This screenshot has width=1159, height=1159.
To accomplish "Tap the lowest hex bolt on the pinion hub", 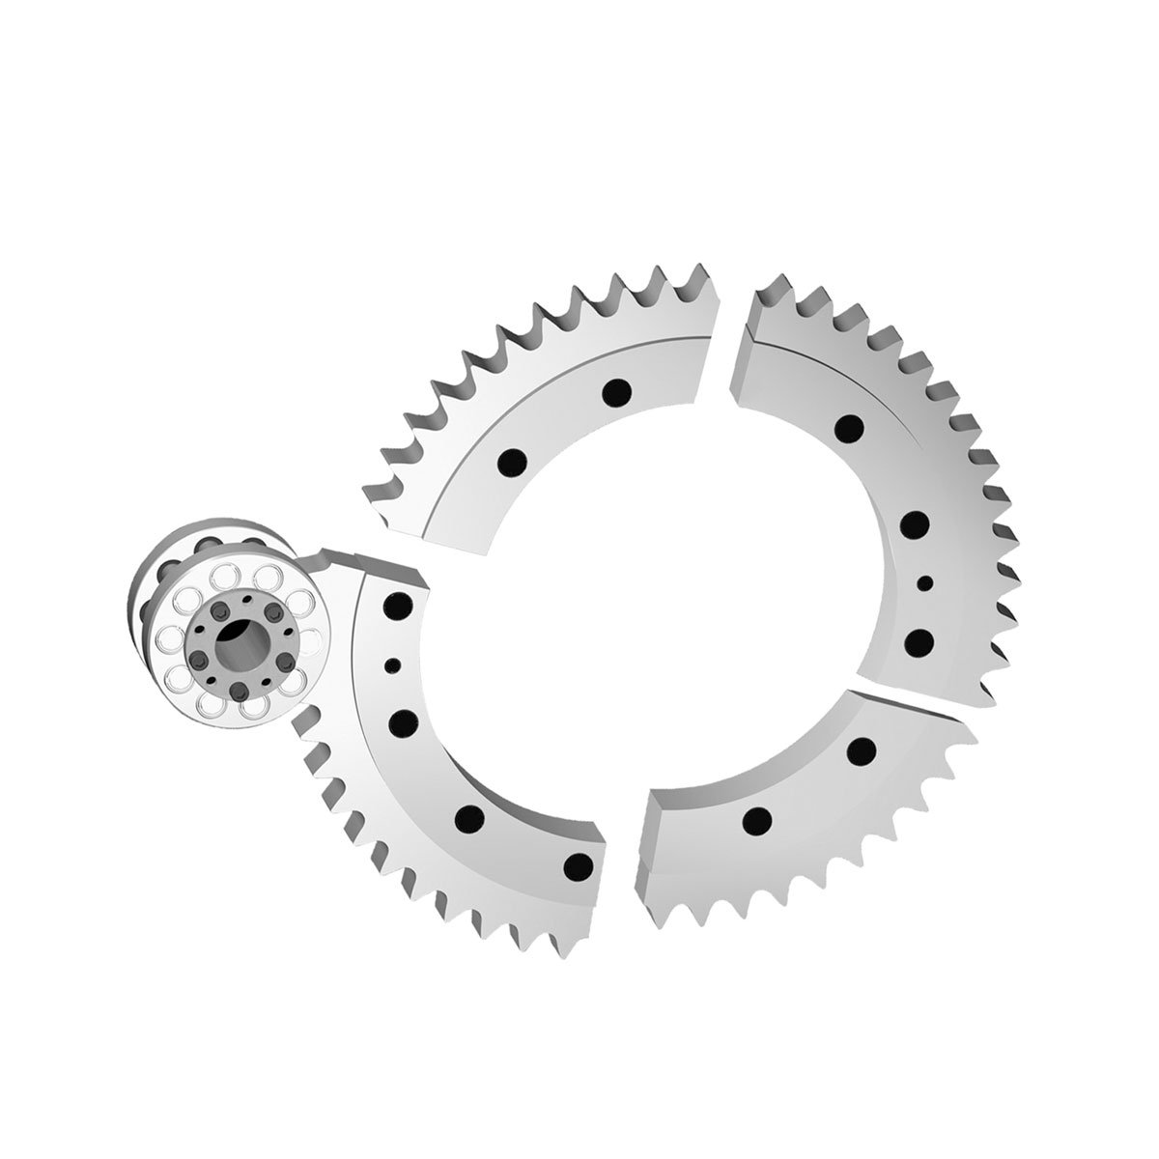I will tap(237, 692).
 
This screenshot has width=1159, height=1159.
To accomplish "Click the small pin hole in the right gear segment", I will tap(924, 581).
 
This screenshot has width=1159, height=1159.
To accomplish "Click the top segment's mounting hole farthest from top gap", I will tap(511, 463).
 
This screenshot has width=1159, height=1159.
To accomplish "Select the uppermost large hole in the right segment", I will tap(850, 426).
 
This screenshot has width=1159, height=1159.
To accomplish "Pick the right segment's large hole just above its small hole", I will tap(914, 524).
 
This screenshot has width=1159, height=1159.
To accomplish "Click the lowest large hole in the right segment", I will tap(920, 639).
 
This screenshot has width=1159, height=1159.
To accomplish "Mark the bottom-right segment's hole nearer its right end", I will tap(862, 749).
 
